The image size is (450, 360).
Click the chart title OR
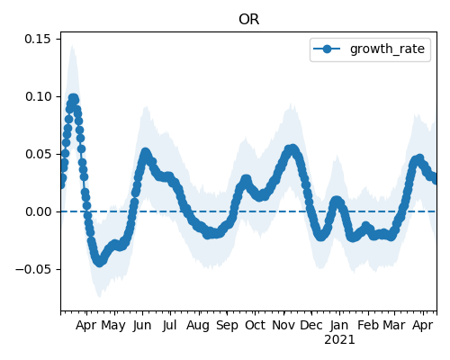(248, 20)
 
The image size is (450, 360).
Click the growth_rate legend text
(387, 49)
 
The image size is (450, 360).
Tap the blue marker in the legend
(327, 49)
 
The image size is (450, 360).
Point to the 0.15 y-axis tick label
(38, 39)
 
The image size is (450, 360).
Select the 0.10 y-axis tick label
(38, 96)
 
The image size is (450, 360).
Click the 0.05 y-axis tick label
(38, 154)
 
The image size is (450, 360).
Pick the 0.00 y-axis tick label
(38, 211)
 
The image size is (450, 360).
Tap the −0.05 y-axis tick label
(33, 269)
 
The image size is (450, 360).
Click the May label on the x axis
(113, 326)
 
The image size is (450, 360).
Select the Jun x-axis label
(142, 326)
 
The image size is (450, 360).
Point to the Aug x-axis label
(198, 326)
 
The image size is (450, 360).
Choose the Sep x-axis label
(227, 326)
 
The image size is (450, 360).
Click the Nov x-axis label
(283, 326)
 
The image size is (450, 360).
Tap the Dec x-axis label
(311, 326)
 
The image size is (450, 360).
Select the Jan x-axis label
(339, 326)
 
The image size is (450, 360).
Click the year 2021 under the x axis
(339, 340)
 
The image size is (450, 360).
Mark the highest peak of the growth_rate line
(73, 98)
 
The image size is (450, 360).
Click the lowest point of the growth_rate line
(99, 263)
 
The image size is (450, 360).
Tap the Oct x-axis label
(255, 326)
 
